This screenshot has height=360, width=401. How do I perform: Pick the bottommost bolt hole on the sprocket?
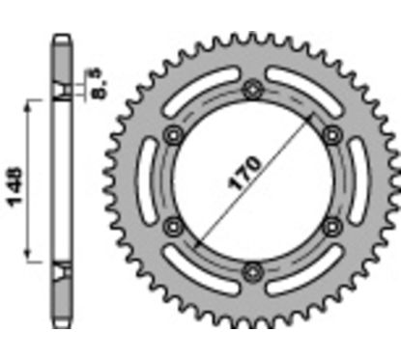point(253,269)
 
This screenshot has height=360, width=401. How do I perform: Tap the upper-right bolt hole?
point(331,134)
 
